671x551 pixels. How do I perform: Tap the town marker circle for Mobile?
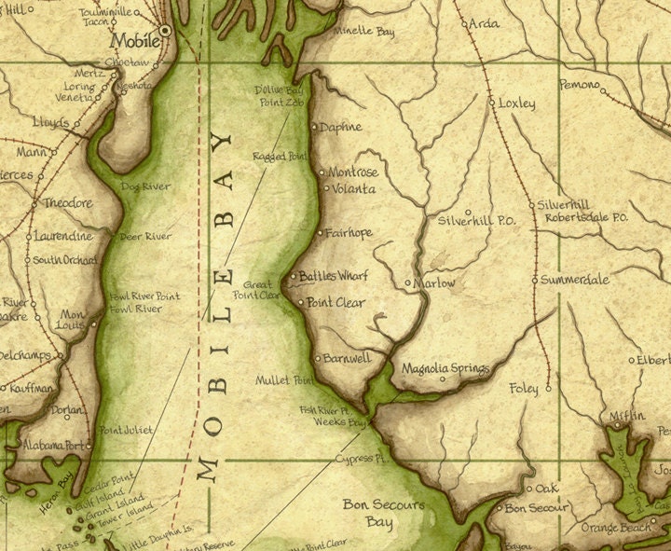click(x=166, y=31)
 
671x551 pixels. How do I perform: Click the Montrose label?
click(x=353, y=172)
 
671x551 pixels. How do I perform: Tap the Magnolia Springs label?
click(x=445, y=369)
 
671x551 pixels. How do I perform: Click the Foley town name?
click(x=524, y=388)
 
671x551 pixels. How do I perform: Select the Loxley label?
click(x=517, y=103)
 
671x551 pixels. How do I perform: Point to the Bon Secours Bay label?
click(x=384, y=514)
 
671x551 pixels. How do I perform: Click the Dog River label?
click(x=145, y=186)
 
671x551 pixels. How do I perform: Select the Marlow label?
click(x=436, y=282)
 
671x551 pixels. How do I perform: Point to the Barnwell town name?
click(x=349, y=358)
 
